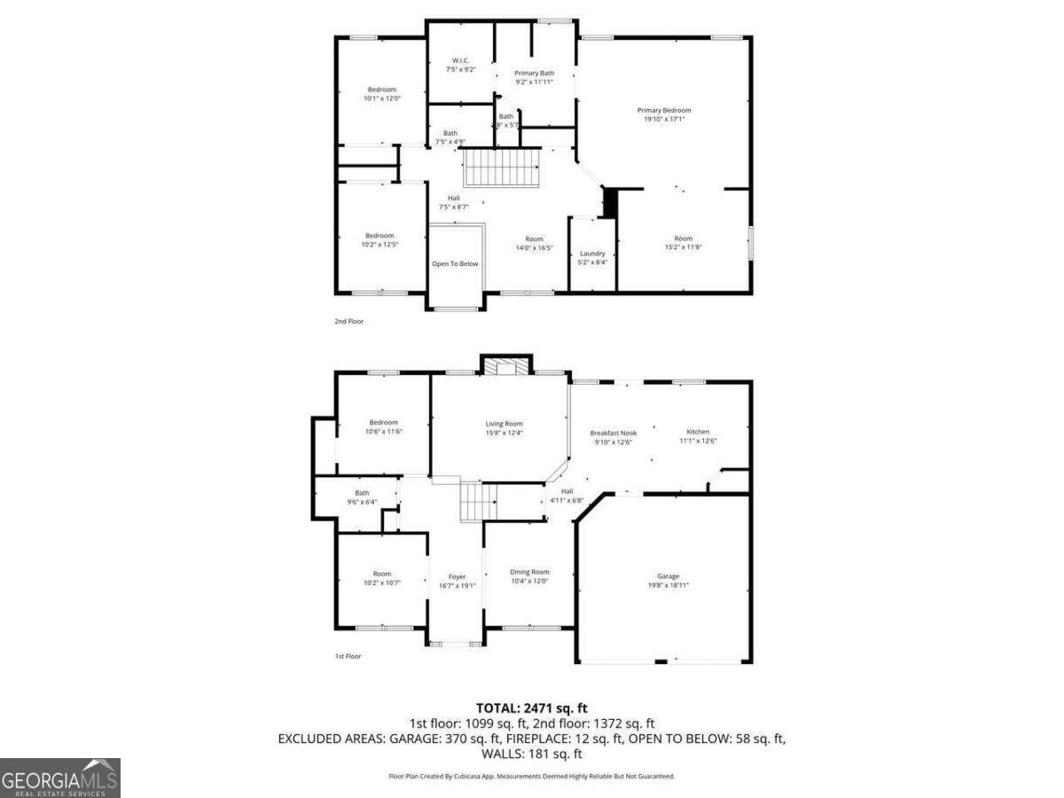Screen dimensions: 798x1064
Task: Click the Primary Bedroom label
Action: click(x=664, y=110)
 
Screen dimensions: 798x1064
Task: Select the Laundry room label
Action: click(x=592, y=254)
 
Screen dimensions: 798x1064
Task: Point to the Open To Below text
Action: click(x=455, y=263)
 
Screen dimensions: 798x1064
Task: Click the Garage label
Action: click(x=668, y=576)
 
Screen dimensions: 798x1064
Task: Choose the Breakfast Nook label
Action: click(x=614, y=433)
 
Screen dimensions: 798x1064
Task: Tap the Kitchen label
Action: click(x=698, y=432)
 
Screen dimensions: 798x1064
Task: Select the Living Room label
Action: click(x=505, y=424)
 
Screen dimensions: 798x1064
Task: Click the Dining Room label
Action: click(x=529, y=572)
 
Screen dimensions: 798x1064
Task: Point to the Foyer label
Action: click(x=457, y=576)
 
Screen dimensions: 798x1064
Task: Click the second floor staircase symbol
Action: click(x=503, y=168)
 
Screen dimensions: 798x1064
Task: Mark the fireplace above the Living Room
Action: click(x=506, y=365)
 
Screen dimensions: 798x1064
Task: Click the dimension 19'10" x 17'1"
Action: click(x=664, y=119)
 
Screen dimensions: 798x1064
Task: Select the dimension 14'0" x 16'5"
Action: click(x=534, y=247)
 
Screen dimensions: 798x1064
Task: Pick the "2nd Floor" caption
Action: click(x=348, y=321)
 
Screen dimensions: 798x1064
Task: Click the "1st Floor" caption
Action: click(x=348, y=656)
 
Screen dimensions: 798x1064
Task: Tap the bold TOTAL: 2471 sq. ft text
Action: click(x=532, y=708)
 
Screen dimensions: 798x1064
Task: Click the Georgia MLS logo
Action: click(x=59, y=778)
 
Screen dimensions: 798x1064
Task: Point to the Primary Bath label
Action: click(x=535, y=73)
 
